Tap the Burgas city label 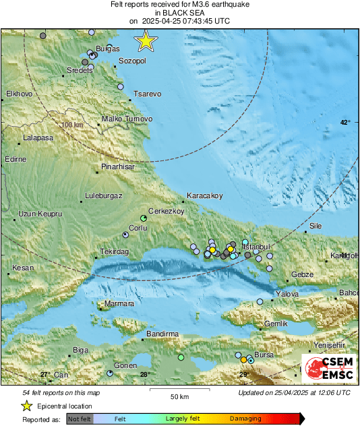108,49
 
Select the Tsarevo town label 147,94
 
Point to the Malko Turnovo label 127,119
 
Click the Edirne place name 15,159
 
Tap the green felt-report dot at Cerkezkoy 144,218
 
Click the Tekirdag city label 114,251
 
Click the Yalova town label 287,294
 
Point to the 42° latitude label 345,122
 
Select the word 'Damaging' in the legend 246,419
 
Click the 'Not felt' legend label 79,419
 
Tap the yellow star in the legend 26,406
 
